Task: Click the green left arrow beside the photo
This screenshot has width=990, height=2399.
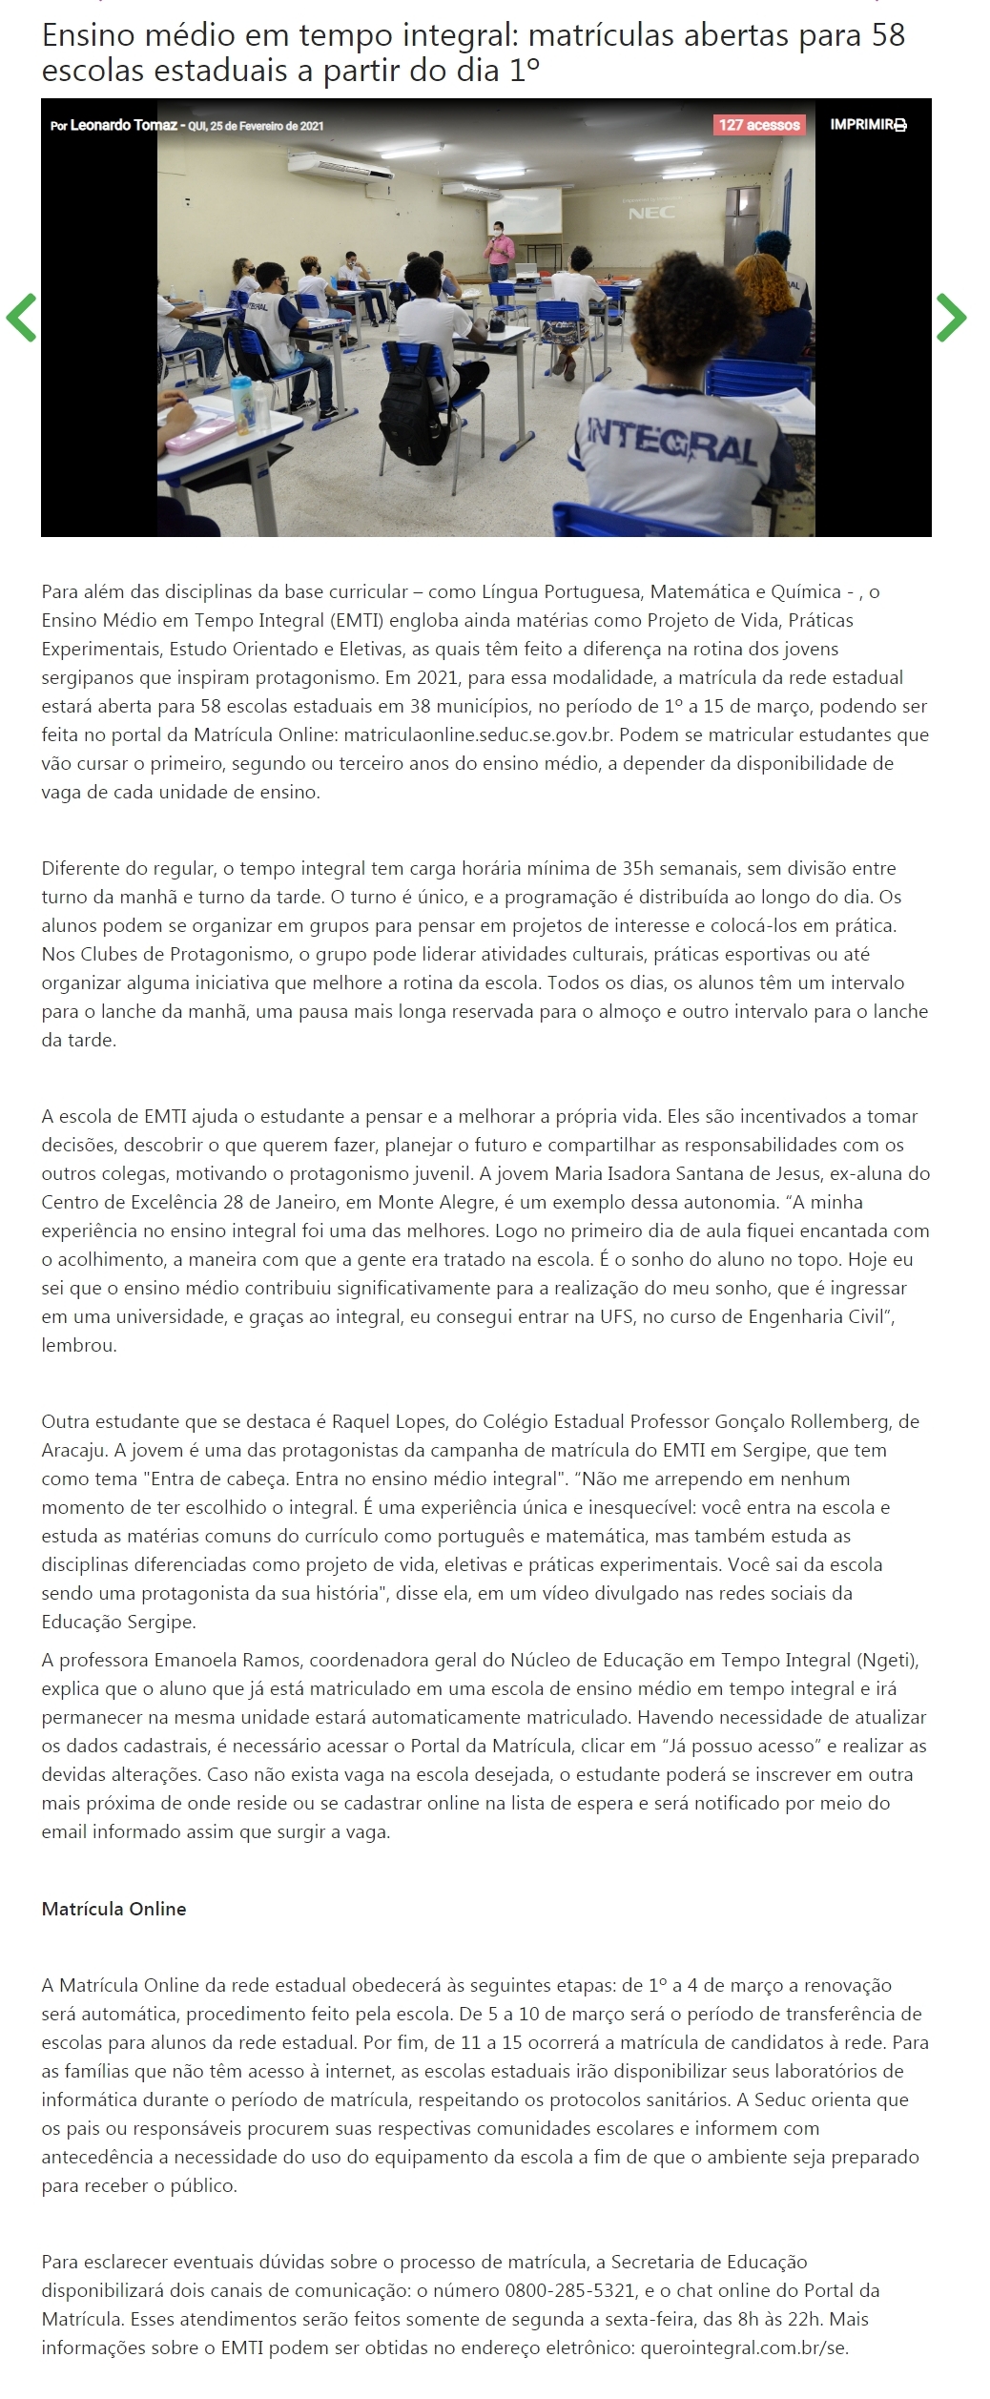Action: coord(21,318)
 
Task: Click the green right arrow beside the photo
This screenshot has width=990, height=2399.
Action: coord(951,318)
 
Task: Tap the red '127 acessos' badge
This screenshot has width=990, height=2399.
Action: coord(759,125)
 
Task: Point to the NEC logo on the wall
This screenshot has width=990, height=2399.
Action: coord(651,214)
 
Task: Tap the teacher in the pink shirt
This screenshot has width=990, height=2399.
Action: coord(498,250)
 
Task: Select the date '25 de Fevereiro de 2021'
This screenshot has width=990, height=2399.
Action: coord(272,126)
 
